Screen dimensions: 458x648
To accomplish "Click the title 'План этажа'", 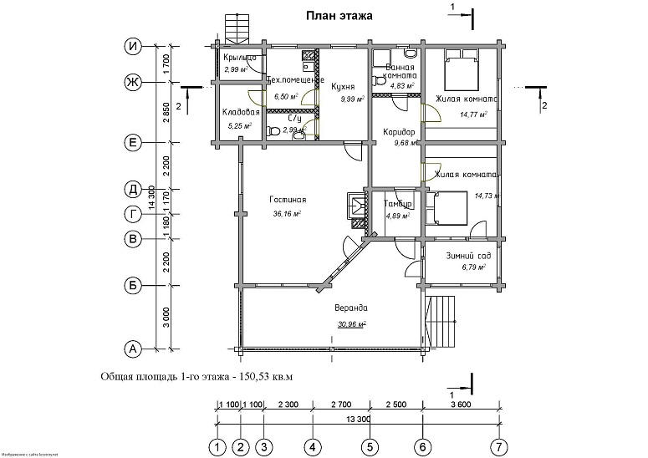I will tap(339, 14).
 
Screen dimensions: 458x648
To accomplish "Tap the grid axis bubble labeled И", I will tap(132, 47).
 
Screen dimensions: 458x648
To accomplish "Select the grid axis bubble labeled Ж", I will tap(132, 82).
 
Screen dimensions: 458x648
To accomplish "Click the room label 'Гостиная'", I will tap(288, 200).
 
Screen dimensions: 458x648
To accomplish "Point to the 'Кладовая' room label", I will tap(241, 112).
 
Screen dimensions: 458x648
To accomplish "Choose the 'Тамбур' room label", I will tap(396, 204).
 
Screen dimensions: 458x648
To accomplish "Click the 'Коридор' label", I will tap(399, 132).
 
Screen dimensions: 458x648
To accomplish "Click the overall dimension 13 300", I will tap(357, 419).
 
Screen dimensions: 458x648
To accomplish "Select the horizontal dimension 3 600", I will tap(461, 404).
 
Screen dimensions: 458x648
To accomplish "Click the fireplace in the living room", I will tap(356, 210).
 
